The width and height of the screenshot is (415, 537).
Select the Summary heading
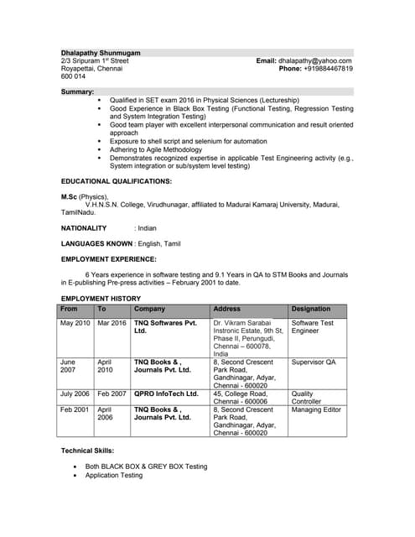point(77,91)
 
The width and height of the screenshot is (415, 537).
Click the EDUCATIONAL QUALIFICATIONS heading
point(116,181)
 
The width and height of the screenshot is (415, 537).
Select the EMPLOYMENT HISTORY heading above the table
point(101,299)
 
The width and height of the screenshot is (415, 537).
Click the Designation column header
point(310,309)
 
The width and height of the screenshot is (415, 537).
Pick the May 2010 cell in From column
point(75,323)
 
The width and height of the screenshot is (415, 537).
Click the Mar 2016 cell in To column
point(112,323)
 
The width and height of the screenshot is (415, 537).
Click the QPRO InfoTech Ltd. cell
point(166,394)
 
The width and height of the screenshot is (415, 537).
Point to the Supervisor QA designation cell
point(313,362)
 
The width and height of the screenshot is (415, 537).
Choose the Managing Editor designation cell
point(316,409)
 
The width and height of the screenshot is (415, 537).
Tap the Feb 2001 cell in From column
point(75,409)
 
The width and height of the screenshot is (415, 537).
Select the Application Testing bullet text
point(114,476)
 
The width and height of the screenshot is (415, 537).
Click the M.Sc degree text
point(72,196)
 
